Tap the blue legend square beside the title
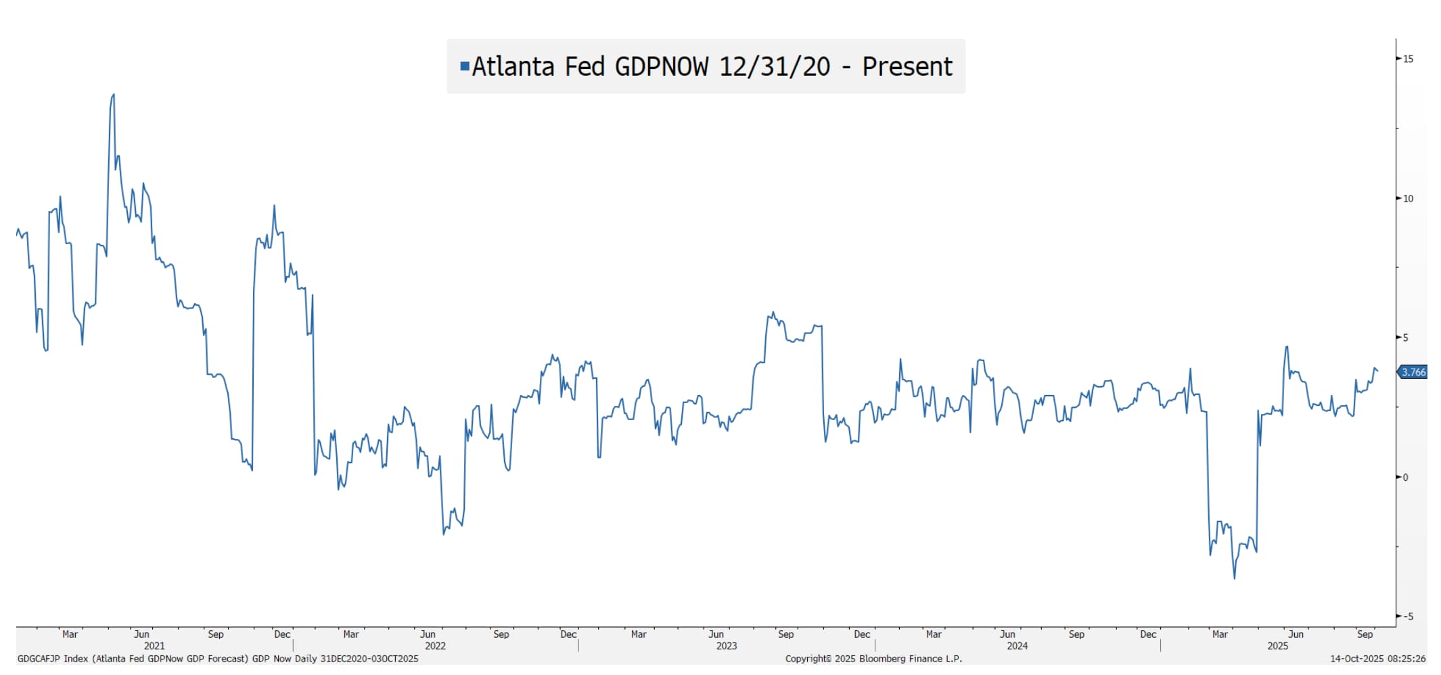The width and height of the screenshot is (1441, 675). pyautogui.click(x=464, y=66)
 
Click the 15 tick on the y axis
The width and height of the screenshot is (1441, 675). pyautogui.click(x=1407, y=59)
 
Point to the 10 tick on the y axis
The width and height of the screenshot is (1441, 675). pyautogui.click(x=1407, y=199)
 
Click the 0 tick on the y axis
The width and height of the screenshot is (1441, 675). pyautogui.click(x=1405, y=478)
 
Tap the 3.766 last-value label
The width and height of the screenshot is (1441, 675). pyautogui.click(x=1413, y=372)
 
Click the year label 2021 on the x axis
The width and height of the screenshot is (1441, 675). pyautogui.click(x=154, y=646)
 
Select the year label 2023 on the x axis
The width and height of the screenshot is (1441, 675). pyautogui.click(x=726, y=646)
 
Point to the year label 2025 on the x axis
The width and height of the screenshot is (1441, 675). pyautogui.click(x=1277, y=646)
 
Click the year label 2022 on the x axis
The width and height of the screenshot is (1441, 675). pyautogui.click(x=435, y=646)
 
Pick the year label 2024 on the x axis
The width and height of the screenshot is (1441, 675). pyautogui.click(x=1017, y=646)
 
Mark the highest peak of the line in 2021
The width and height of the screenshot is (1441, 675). pyautogui.click(x=113, y=95)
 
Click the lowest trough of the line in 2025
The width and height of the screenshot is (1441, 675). pyautogui.click(x=1234, y=578)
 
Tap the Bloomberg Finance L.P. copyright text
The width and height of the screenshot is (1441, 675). pyautogui.click(x=873, y=659)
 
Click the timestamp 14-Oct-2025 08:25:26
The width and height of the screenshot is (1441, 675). pyautogui.click(x=1377, y=659)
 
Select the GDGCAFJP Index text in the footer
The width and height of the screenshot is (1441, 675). pyautogui.click(x=53, y=659)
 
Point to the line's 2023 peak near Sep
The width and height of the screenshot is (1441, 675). pyautogui.click(x=773, y=313)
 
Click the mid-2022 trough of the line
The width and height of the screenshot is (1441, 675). pyautogui.click(x=444, y=534)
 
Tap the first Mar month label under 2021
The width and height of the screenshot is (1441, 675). pyautogui.click(x=70, y=634)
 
